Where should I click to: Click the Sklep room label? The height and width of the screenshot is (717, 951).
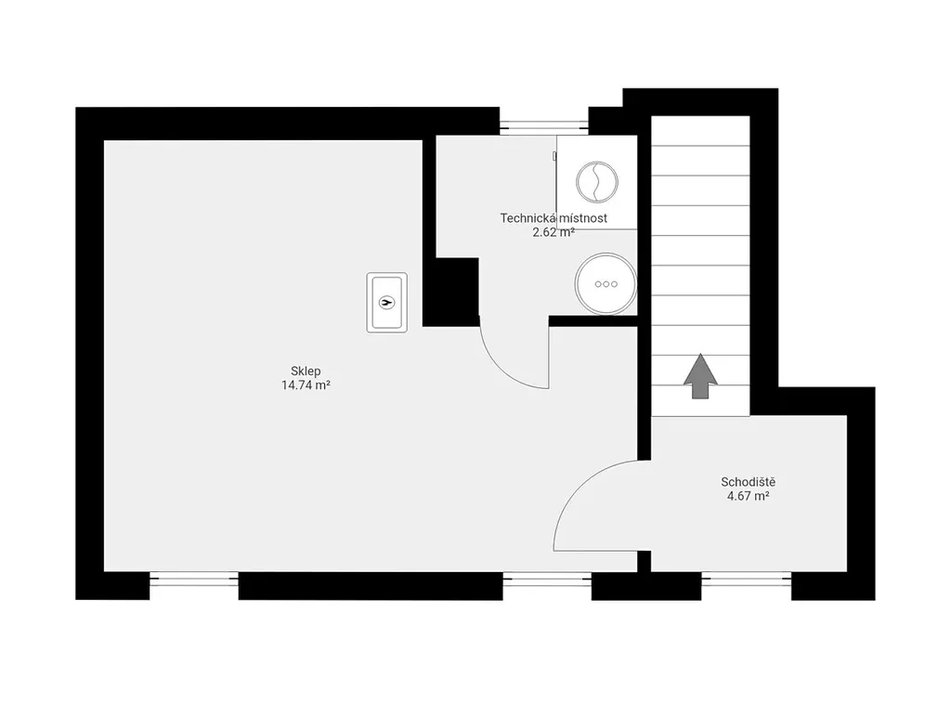(x=306, y=372)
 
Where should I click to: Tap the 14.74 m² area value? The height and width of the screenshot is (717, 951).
(x=306, y=385)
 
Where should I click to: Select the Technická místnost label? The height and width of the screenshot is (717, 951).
(x=554, y=217)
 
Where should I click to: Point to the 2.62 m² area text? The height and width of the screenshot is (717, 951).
(x=554, y=231)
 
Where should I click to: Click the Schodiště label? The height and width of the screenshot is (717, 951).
(x=748, y=482)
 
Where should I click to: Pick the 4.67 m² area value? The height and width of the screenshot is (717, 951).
(x=748, y=496)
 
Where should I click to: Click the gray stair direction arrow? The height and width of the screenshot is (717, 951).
(x=700, y=376)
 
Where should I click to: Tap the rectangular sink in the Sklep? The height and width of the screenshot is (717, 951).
(x=387, y=302)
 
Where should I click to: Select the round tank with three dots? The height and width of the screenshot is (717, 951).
(x=606, y=284)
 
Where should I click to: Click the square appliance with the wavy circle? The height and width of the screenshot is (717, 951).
(x=597, y=182)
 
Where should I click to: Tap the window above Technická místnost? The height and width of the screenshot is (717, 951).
(x=544, y=127)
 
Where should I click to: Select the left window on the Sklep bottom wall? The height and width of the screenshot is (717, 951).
(x=194, y=580)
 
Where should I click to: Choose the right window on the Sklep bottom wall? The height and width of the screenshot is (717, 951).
(x=547, y=580)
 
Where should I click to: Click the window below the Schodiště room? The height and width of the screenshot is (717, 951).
(x=747, y=580)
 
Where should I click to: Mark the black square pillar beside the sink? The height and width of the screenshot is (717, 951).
(x=450, y=292)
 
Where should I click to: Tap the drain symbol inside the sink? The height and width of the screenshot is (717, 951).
(x=387, y=302)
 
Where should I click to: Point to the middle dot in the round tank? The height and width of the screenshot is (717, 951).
(x=606, y=284)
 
